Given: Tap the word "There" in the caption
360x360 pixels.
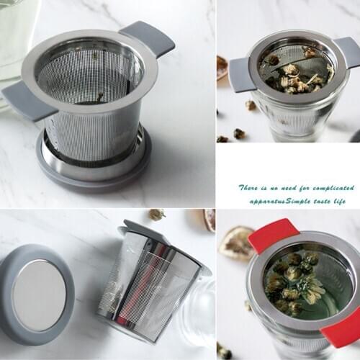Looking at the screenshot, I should (250, 187).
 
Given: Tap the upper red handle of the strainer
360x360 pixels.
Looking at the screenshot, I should (272, 235).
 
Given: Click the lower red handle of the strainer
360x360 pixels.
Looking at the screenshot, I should (341, 332).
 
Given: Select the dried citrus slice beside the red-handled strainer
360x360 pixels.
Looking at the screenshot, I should (235, 243).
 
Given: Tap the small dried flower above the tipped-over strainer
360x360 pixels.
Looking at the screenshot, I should (156, 214).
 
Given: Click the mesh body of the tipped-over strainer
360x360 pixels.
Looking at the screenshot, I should (148, 284).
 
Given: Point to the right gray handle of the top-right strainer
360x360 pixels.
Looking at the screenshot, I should (348, 52).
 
